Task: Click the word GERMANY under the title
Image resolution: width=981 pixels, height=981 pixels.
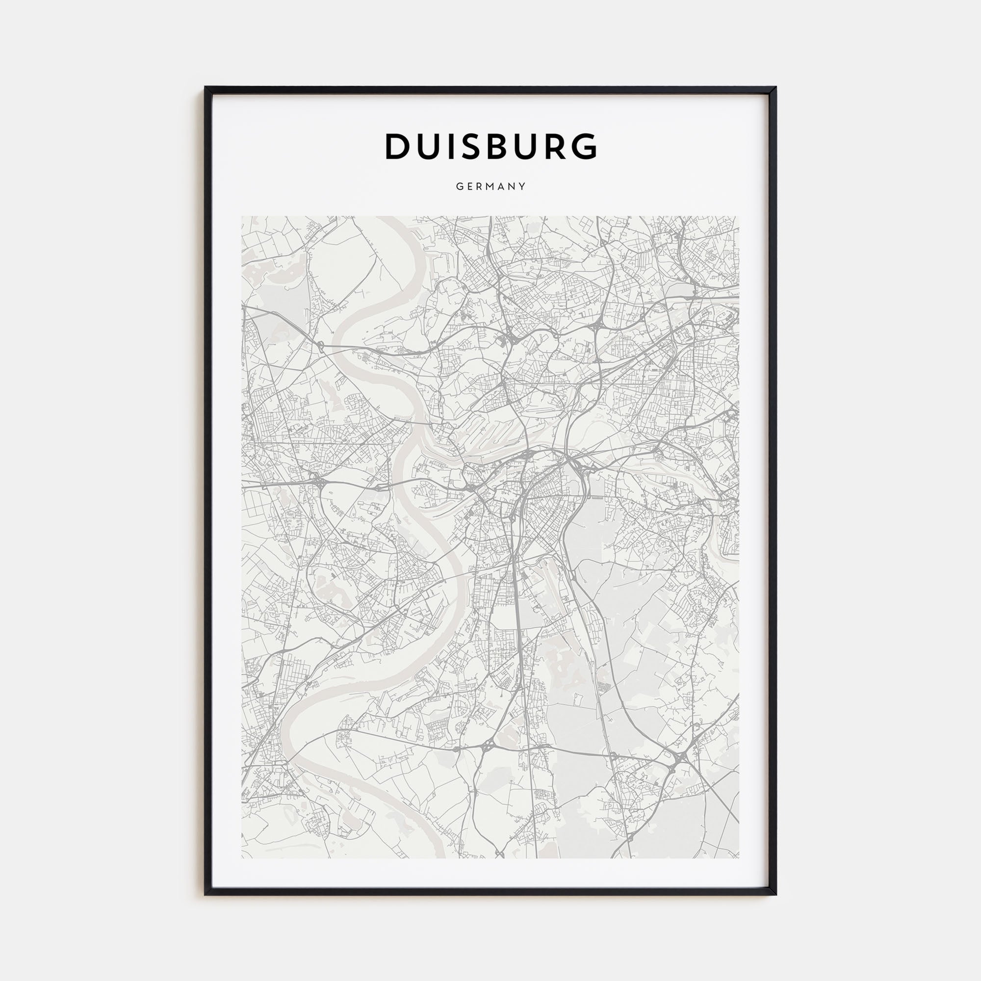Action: [490, 186]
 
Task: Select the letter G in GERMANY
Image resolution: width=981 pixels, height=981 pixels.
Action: [459, 186]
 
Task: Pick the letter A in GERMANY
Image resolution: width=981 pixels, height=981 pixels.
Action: [502, 186]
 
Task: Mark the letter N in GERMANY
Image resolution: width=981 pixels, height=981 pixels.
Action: [513, 186]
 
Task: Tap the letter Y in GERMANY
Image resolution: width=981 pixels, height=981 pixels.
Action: [522, 186]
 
